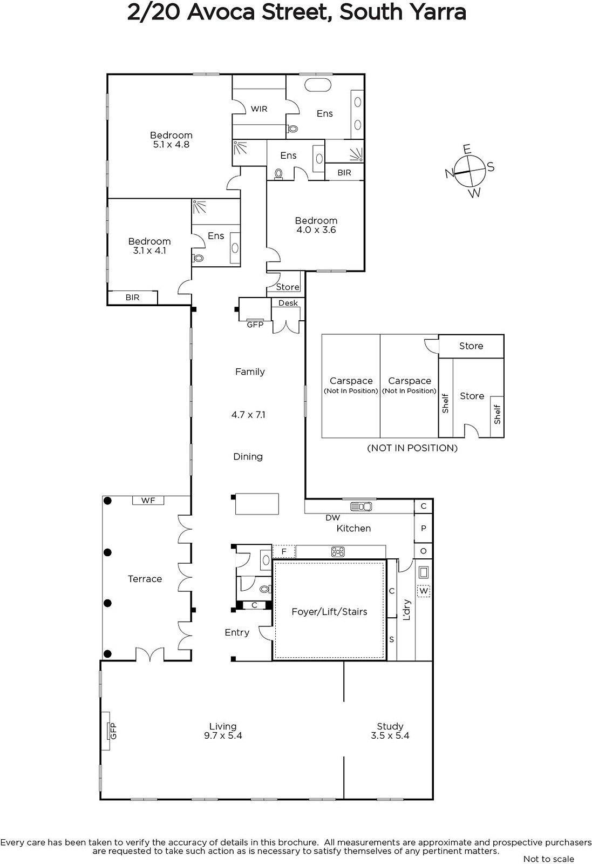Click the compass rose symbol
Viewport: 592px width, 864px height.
(469, 171)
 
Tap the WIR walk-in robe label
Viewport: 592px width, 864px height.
(259, 109)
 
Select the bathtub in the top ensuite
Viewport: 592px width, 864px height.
(317, 85)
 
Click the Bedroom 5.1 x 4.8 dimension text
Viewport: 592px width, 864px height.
(171, 145)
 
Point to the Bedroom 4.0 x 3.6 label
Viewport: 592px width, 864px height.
(316, 225)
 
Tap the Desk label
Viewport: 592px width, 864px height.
(288, 303)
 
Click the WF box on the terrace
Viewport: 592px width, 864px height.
(148, 500)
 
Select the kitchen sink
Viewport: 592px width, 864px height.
(361, 507)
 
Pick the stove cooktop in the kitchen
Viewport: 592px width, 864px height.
(338, 552)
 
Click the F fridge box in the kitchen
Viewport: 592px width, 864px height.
(284, 551)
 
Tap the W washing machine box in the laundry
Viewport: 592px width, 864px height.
(424, 591)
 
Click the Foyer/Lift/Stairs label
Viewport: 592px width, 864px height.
(329, 612)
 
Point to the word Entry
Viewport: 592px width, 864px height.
(237, 632)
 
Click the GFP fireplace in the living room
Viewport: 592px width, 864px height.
(106, 731)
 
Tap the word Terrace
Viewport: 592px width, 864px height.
(145, 579)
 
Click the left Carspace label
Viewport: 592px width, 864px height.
(351, 381)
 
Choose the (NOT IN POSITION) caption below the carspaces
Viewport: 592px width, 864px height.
(412, 448)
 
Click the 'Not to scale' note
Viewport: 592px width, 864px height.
(548, 859)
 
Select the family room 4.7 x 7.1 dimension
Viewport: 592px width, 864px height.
(248, 415)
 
